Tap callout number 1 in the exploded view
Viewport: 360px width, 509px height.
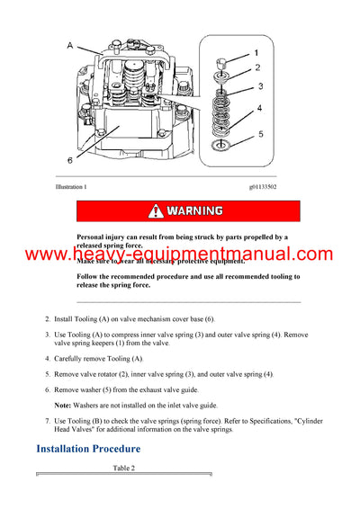256,53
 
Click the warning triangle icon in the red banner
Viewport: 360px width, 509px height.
154,211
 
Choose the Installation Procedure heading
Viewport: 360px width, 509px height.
88,448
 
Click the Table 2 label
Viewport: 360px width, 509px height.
123,468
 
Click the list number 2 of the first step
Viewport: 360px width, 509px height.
47,319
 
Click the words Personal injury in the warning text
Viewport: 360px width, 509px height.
103,237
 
